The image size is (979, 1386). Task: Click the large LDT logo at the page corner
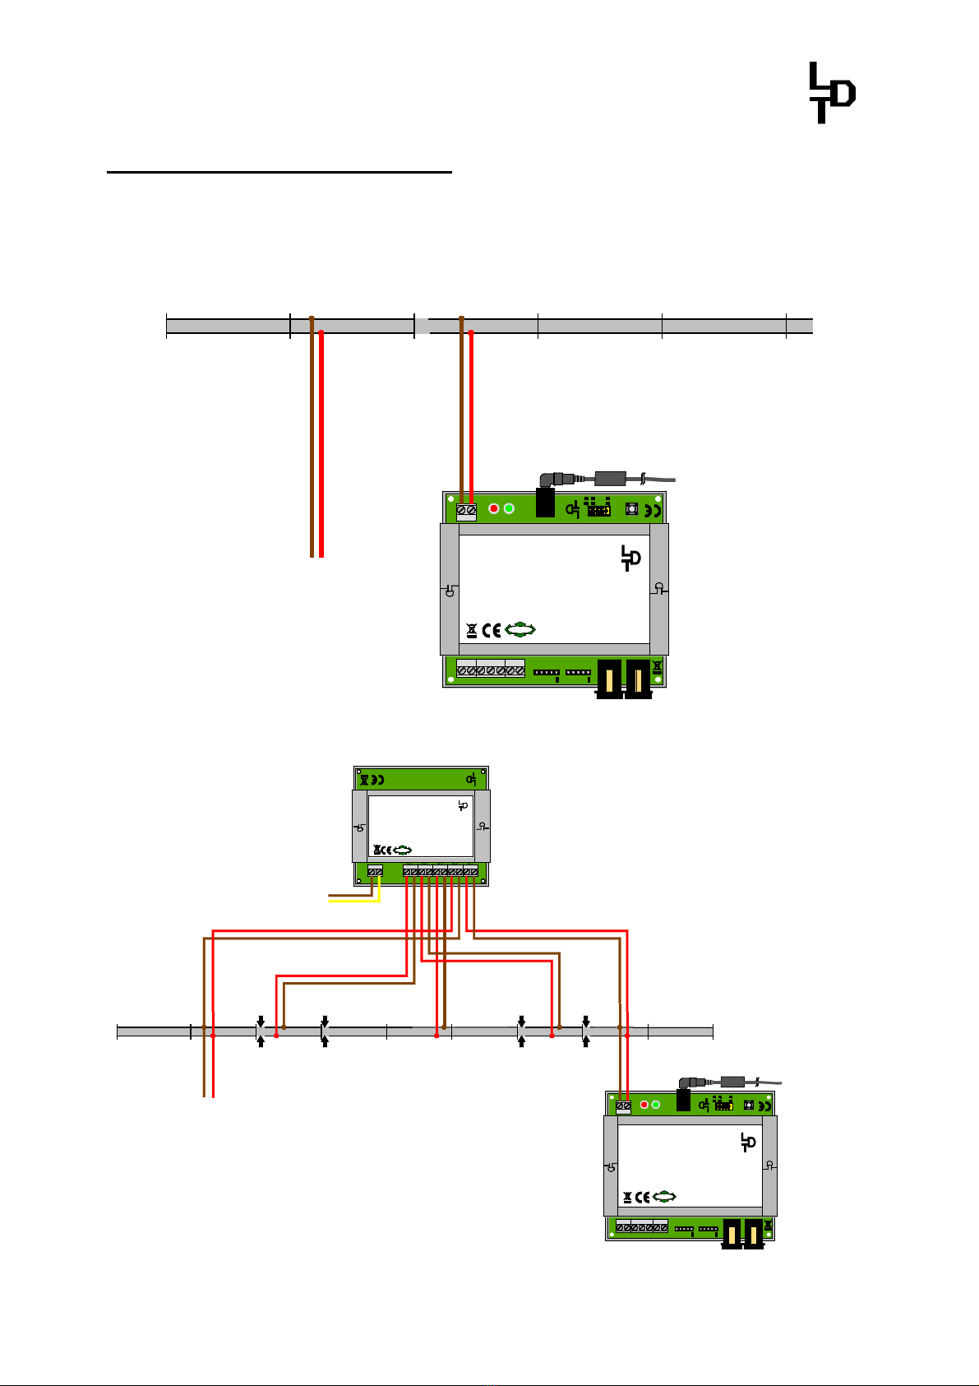pos(833,93)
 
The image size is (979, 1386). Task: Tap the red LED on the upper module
pos(493,508)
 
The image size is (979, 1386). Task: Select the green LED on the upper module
pos(509,508)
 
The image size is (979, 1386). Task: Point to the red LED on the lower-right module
pos(644,1105)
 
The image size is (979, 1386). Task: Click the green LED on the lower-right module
pos(656,1105)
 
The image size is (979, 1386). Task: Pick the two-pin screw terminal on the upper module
pos(466,512)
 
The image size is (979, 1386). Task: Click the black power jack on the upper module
pos(545,502)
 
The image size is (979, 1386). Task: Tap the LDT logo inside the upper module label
pos(630,558)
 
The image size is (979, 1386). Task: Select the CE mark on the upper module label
pos(492,631)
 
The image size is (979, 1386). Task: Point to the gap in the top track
pos(422,326)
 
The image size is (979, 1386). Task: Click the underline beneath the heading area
pos(279,172)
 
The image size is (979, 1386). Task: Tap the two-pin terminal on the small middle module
pos(375,871)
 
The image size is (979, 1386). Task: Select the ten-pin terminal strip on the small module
pos(441,871)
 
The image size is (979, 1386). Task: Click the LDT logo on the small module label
pos(463,805)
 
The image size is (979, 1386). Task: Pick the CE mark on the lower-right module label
pos(643,1198)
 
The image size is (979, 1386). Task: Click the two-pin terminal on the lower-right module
pos(623,1107)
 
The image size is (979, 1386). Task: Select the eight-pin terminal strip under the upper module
pos(491,669)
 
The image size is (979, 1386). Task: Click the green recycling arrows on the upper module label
pos(520,630)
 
